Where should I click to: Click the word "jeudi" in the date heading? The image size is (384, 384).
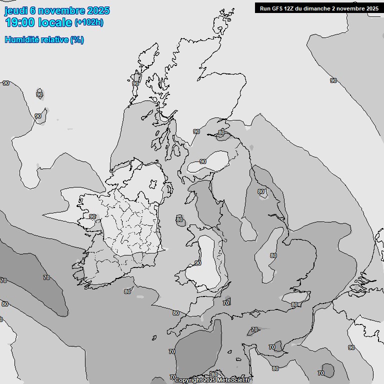[x=16, y=11]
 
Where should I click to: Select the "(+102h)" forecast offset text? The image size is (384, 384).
[x=89, y=22]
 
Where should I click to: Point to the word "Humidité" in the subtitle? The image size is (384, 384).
[x=21, y=39]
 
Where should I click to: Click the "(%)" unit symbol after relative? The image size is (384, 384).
[x=77, y=39]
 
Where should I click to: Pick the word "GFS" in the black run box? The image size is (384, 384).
[x=278, y=8]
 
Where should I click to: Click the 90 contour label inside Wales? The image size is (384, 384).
[x=198, y=263]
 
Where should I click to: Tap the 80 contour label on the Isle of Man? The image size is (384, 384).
[x=179, y=219]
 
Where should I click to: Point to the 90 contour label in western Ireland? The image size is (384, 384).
[x=92, y=216]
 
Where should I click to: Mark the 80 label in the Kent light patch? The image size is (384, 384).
[x=294, y=304]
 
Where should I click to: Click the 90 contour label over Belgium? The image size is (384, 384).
[x=351, y=347]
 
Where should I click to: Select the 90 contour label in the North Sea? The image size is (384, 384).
[x=333, y=80]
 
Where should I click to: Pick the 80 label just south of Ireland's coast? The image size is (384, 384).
[x=127, y=291]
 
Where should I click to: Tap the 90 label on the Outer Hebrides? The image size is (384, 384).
[x=135, y=83]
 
